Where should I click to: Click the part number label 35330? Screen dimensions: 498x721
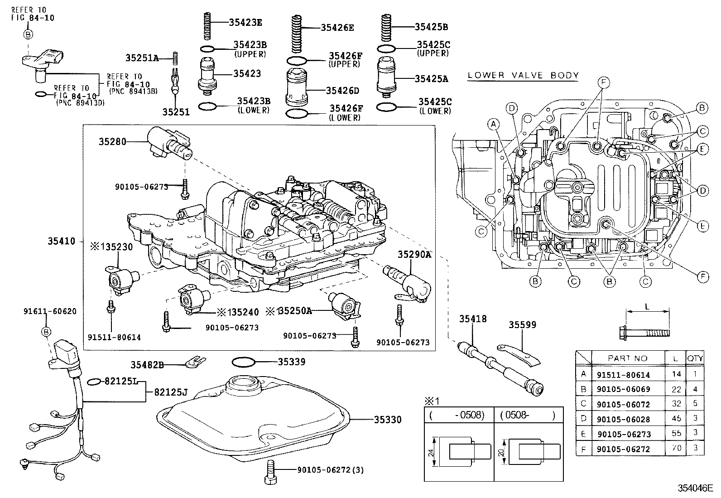(x=387, y=420)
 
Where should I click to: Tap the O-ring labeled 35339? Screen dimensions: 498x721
(x=244, y=362)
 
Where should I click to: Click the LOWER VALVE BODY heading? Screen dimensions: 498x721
(x=523, y=75)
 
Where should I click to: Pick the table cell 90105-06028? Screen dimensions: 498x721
(x=623, y=418)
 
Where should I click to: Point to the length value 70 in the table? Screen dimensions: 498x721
(x=676, y=449)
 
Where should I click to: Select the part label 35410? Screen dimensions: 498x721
(x=62, y=242)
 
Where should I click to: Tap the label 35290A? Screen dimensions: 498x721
(x=414, y=255)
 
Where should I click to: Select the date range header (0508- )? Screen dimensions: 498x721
(x=528, y=415)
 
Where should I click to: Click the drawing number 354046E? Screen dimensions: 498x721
(x=697, y=488)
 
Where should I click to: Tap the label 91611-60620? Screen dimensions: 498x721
(x=50, y=311)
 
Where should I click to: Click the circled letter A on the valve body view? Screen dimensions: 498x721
(x=494, y=123)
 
